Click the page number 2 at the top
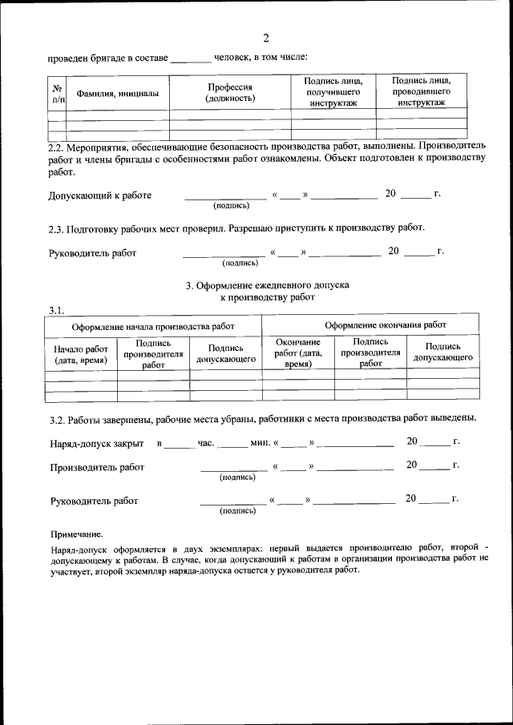[x=266, y=38]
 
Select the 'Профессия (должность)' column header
[x=230, y=92]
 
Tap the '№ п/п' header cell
[x=57, y=94]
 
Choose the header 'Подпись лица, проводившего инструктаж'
[x=421, y=91]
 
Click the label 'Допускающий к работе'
[x=100, y=195]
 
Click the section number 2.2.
[x=58, y=147]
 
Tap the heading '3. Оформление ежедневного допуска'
[x=268, y=285]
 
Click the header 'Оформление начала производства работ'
[x=153, y=327]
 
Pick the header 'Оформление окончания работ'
[x=386, y=325]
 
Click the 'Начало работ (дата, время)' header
[x=81, y=354]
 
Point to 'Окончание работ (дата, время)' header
[x=297, y=353]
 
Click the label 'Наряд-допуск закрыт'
[x=97, y=442]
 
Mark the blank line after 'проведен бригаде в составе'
[x=192, y=58]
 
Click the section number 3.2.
[x=58, y=418]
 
